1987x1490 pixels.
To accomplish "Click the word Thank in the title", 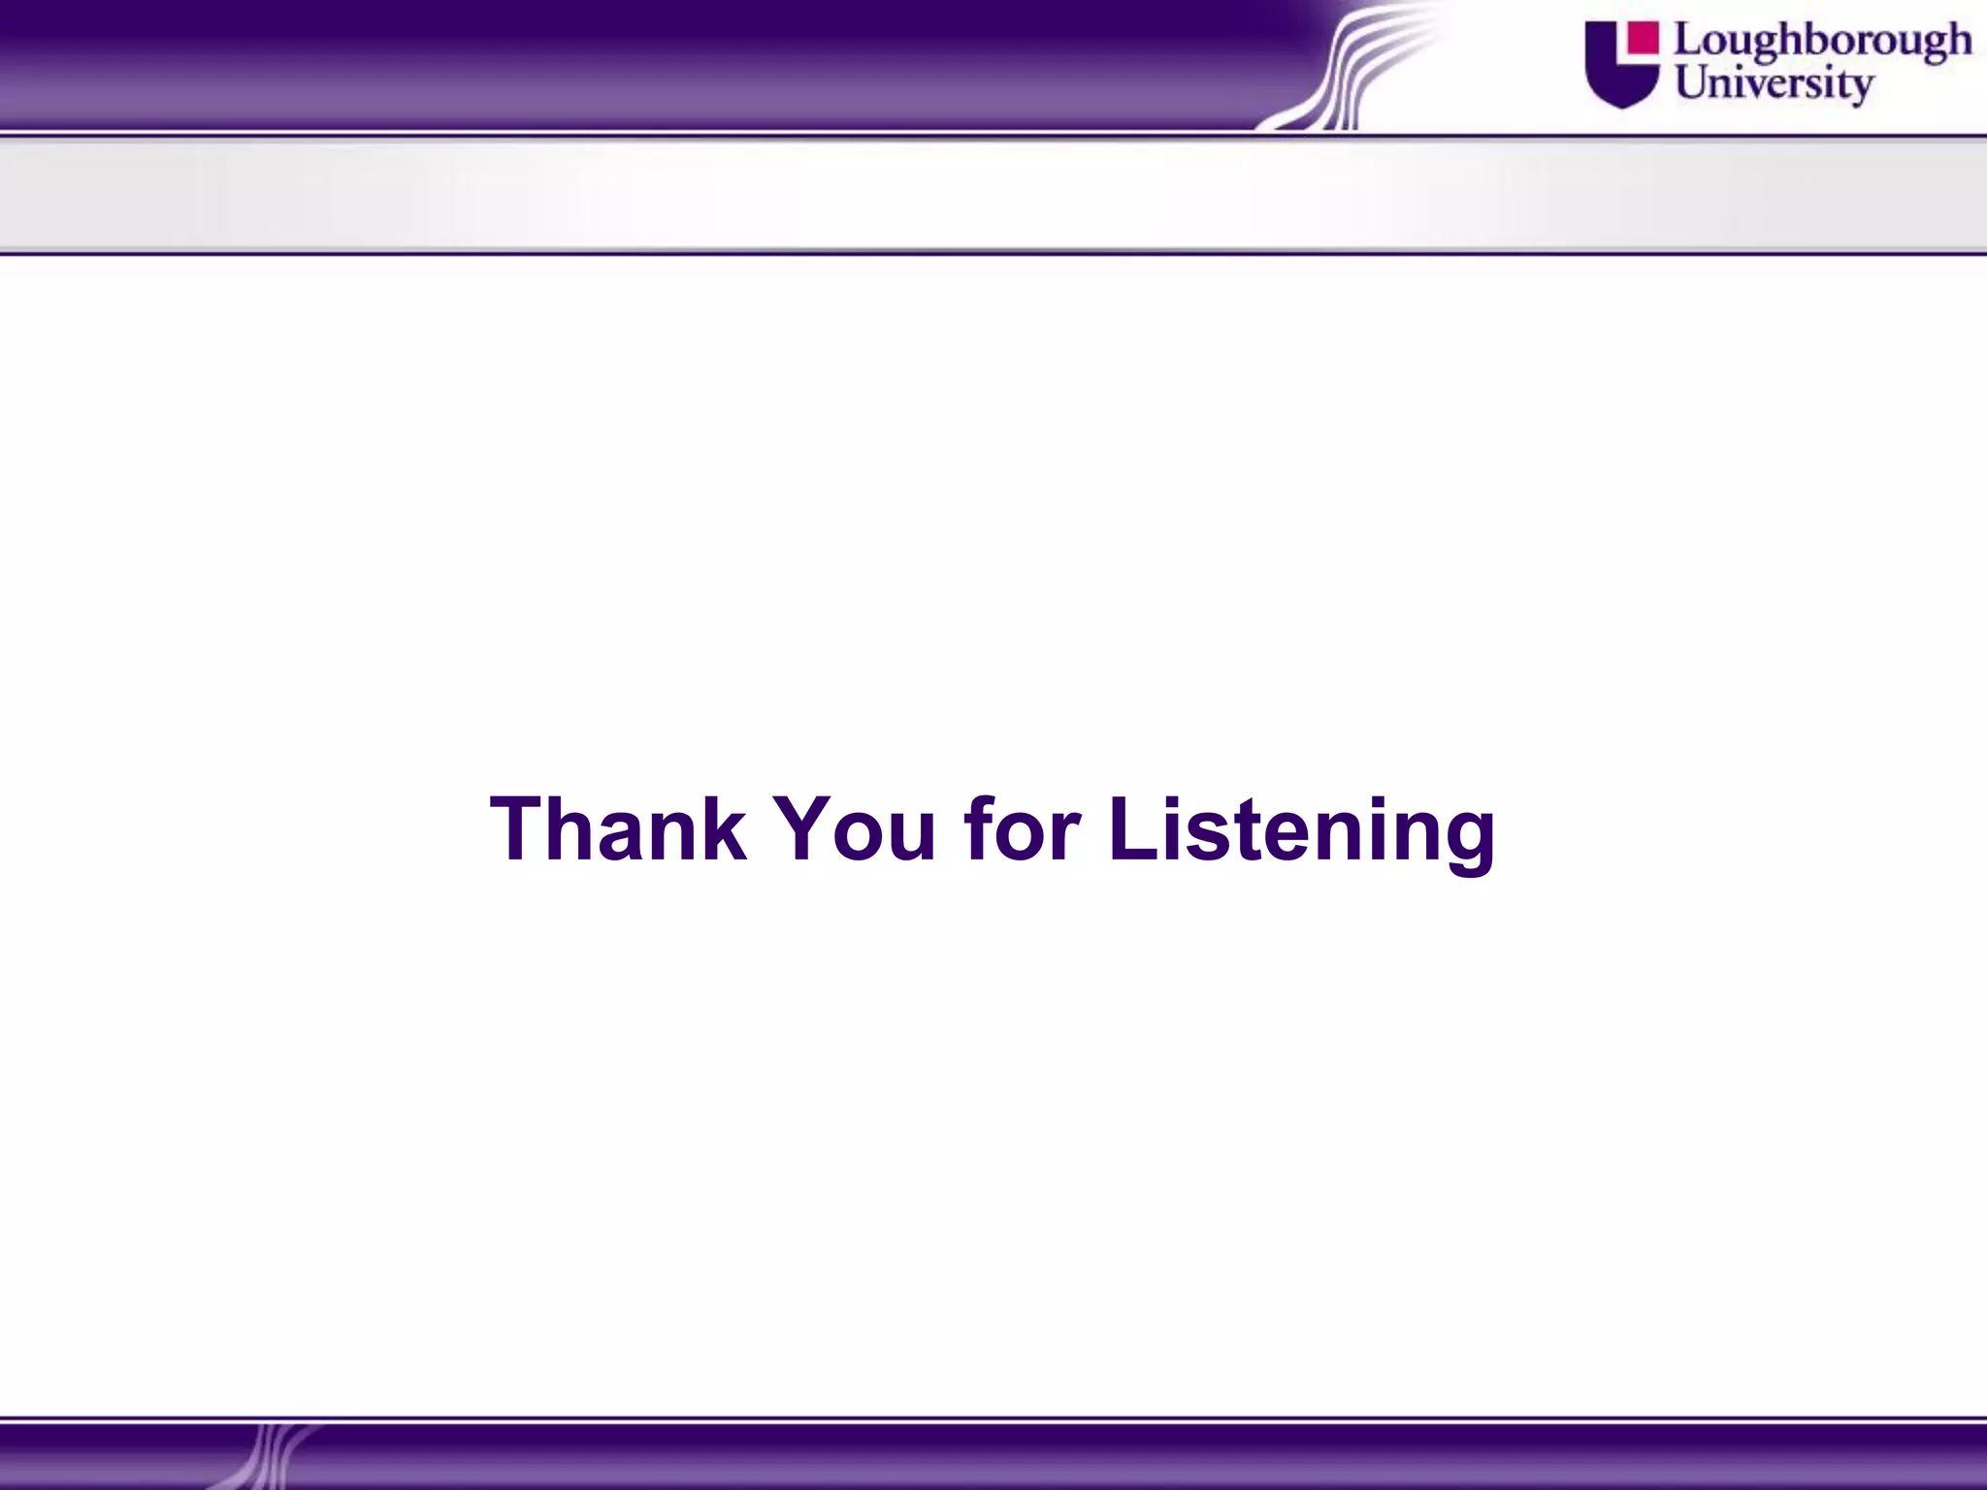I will [x=618, y=829].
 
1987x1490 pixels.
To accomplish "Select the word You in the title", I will [x=855, y=829].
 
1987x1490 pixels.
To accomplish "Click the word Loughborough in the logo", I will [x=1823, y=42].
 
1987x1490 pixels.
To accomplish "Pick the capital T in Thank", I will [x=520, y=829].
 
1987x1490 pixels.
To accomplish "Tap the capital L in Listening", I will [x=1133, y=829].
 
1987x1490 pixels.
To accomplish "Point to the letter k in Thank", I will [x=723, y=829].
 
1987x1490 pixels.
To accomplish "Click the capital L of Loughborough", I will [x=1689, y=41].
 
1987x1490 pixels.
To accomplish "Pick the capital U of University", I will [x=1693, y=81].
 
